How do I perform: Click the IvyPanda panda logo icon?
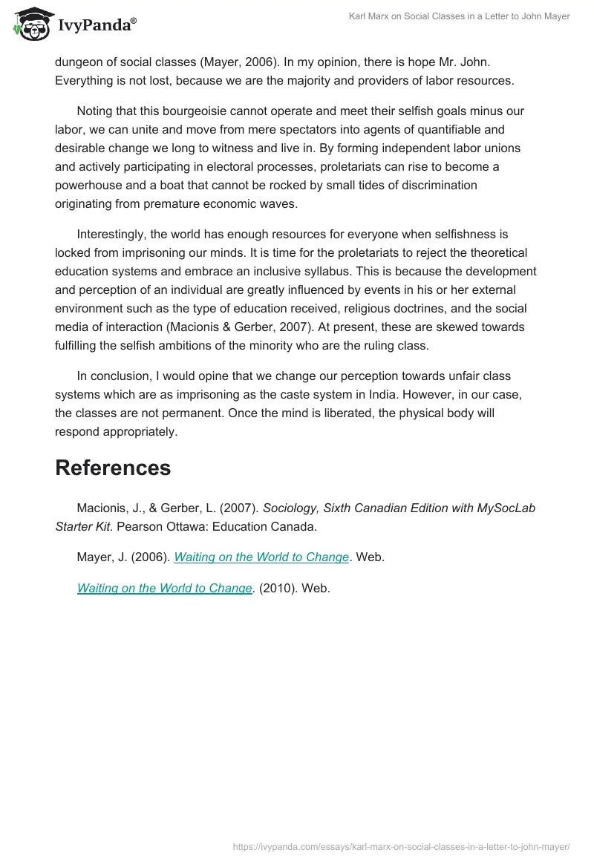click(x=30, y=24)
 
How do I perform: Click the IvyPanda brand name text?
click(x=97, y=26)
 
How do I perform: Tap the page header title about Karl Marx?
click(x=459, y=16)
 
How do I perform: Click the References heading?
click(x=113, y=468)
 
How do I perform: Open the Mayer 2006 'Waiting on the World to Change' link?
click(x=261, y=557)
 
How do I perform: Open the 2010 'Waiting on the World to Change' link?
click(x=165, y=588)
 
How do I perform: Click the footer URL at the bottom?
click(x=401, y=845)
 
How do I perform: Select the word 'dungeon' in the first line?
click(x=79, y=62)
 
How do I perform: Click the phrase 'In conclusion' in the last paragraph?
click(x=111, y=376)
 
